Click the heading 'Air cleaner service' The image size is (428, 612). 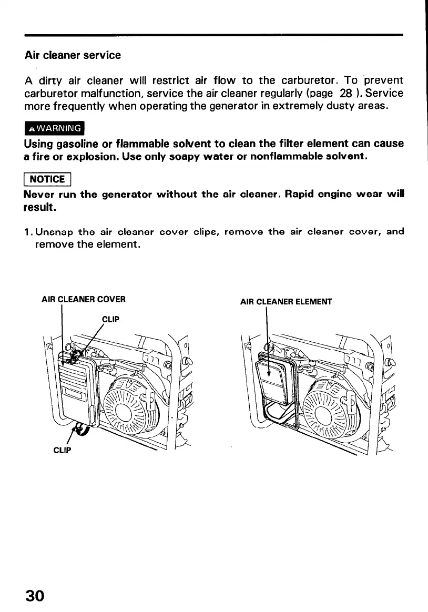[73, 55]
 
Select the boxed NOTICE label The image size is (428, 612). [47, 179]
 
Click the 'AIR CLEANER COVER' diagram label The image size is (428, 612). [83, 300]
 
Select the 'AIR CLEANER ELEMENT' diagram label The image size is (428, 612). [286, 302]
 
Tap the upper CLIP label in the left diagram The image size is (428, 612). [110, 319]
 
